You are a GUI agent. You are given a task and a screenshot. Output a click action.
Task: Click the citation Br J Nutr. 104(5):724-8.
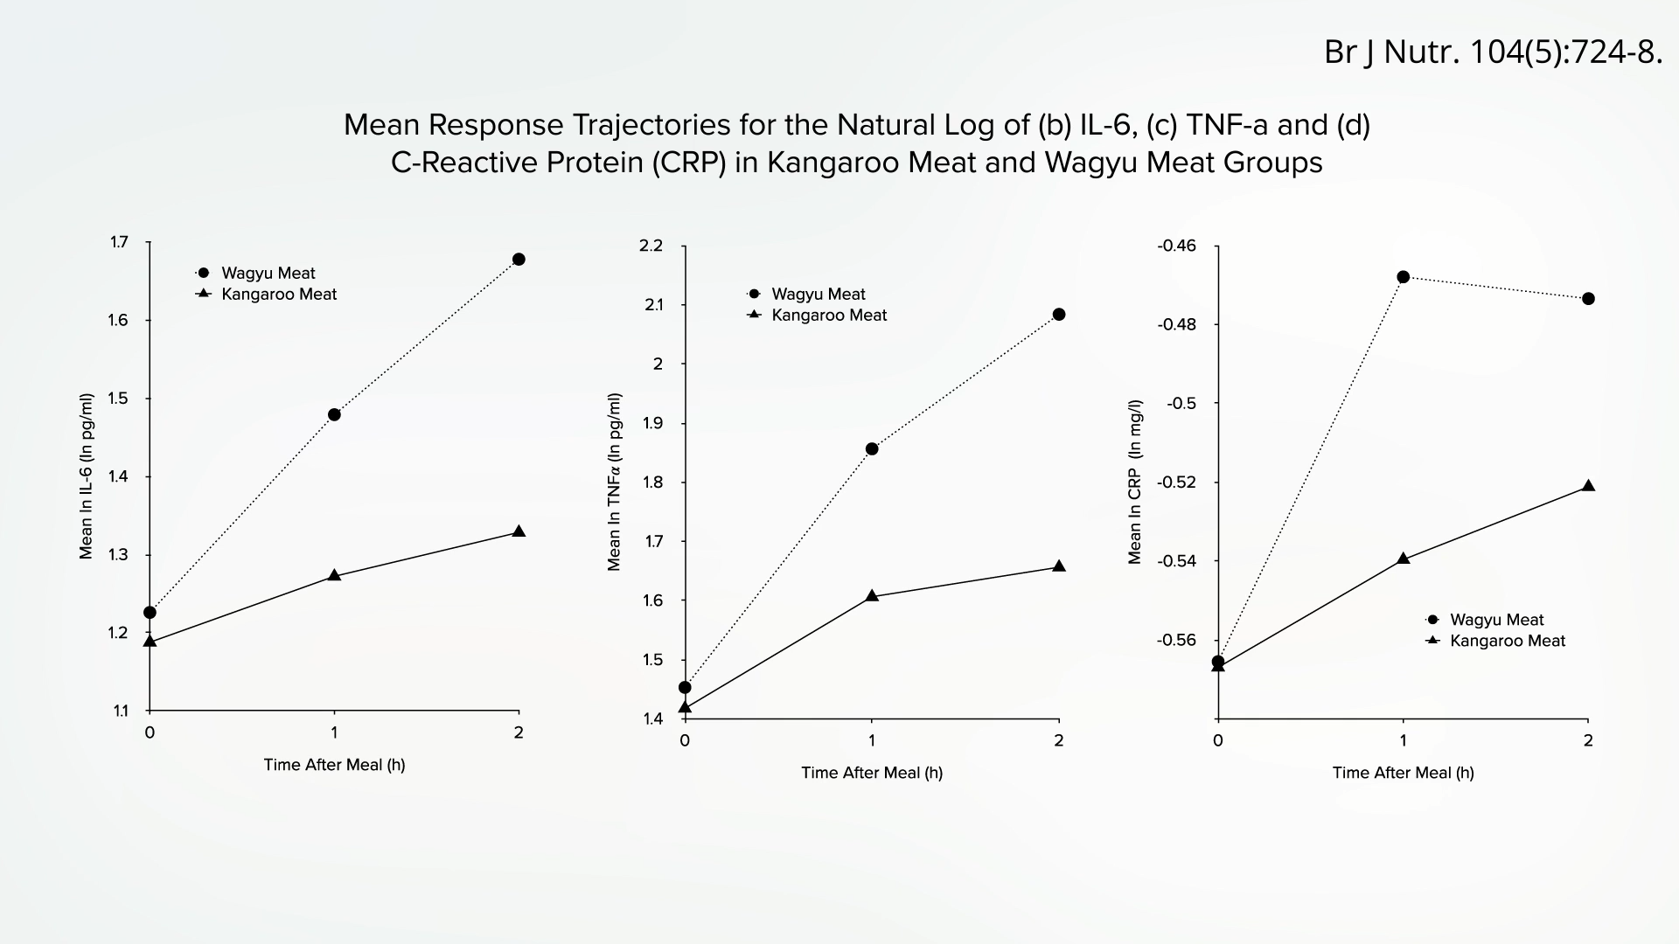tap(1493, 52)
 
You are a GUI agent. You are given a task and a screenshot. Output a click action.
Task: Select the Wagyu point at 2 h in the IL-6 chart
tap(519, 260)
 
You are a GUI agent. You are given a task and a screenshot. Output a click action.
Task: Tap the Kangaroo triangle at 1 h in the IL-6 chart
tap(334, 575)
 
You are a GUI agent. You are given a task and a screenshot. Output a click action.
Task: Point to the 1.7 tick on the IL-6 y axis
tap(119, 242)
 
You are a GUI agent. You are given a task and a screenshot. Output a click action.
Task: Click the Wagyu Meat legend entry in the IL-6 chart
tap(268, 273)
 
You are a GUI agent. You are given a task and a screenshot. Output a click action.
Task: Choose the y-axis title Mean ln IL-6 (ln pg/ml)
tap(86, 476)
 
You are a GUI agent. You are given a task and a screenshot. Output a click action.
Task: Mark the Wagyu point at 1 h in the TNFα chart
tap(872, 449)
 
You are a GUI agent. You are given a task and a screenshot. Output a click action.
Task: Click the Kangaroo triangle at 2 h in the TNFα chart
tap(1059, 566)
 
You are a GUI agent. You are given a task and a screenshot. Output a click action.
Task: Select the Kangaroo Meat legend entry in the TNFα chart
tap(828, 315)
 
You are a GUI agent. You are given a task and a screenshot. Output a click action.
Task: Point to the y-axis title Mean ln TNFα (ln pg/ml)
tap(614, 482)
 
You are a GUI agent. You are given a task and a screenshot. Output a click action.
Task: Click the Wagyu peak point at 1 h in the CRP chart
tap(1404, 277)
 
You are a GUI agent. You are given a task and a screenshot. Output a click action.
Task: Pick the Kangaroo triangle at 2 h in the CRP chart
tap(1589, 485)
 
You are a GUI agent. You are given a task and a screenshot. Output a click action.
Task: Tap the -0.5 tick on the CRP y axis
tap(1181, 403)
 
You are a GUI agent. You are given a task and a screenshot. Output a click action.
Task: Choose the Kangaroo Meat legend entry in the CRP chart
tap(1507, 641)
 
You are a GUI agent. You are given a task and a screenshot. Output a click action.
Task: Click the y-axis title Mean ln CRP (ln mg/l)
tap(1135, 482)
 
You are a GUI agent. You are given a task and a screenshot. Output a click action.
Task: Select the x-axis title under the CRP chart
tap(1403, 773)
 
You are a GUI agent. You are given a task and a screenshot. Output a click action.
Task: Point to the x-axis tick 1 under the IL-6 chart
tap(334, 732)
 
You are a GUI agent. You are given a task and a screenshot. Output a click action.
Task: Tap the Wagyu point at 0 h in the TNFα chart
tap(685, 687)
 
